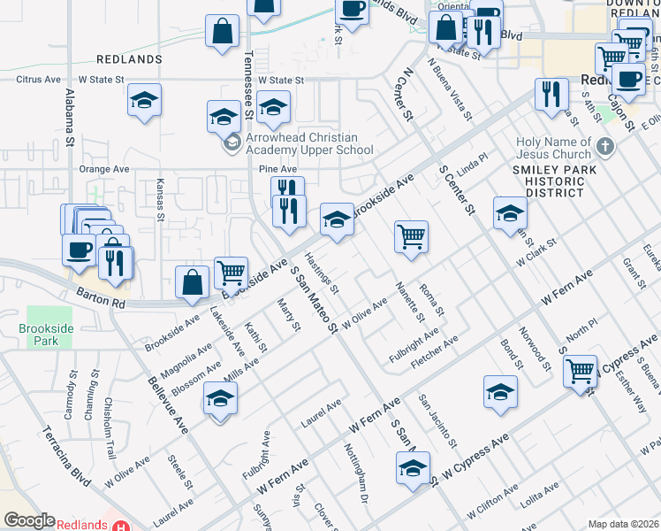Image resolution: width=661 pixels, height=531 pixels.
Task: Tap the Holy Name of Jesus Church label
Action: [554, 147]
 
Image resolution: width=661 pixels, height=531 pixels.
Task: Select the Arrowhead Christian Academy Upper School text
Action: [291, 143]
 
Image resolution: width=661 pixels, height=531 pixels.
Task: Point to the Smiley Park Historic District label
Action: [548, 181]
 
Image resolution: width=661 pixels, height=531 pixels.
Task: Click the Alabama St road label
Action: [69, 114]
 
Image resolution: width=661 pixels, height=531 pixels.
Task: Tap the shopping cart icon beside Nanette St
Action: [411, 237]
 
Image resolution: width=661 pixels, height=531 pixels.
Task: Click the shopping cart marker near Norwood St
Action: [581, 371]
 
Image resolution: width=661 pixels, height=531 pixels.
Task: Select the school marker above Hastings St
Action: [337, 220]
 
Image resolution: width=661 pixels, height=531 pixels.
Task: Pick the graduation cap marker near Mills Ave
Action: [220, 399]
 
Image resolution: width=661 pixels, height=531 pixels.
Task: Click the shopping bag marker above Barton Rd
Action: [192, 283]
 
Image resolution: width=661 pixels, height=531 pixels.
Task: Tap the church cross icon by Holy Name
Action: [604, 146]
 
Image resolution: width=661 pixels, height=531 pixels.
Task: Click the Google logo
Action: [29, 520]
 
